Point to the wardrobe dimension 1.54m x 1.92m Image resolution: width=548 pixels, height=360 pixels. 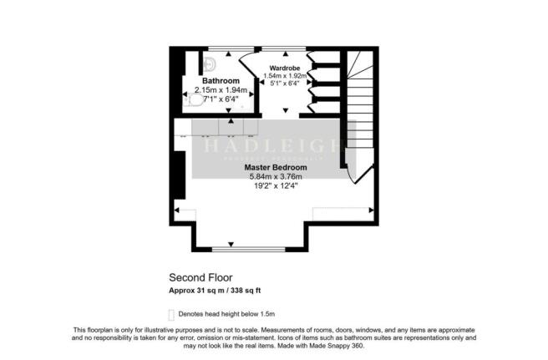282,75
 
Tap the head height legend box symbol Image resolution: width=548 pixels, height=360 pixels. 172,314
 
